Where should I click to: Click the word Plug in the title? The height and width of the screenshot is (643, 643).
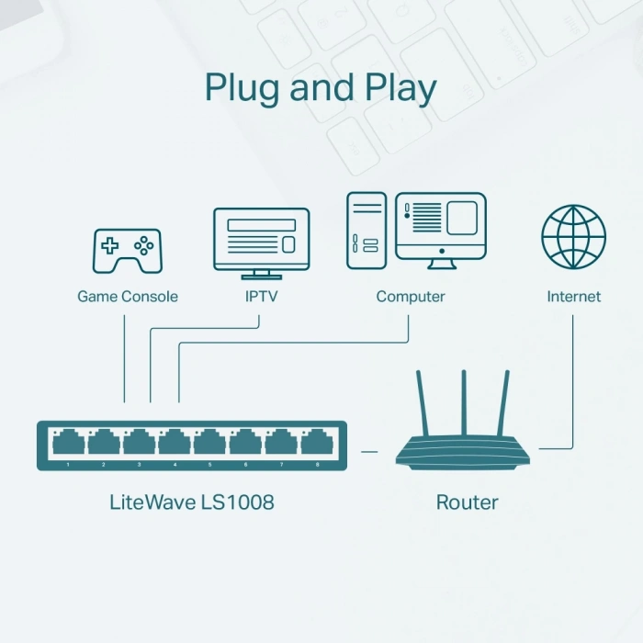[243, 88]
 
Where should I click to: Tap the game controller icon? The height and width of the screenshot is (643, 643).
[127, 250]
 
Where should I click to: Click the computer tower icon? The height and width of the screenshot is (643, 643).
[367, 230]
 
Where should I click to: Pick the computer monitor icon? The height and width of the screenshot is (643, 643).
[440, 230]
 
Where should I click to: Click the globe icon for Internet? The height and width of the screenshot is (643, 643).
[573, 237]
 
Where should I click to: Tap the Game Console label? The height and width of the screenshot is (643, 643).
[128, 297]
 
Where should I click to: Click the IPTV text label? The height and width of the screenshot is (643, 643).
[261, 297]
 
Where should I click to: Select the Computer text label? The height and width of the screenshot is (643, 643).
[411, 297]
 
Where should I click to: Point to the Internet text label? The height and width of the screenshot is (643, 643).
[573, 297]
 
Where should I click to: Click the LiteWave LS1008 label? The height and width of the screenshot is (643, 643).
[191, 502]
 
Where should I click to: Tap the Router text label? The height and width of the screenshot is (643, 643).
[467, 502]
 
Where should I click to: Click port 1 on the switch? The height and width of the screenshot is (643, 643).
[68, 443]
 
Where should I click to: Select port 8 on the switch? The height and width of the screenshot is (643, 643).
[317, 443]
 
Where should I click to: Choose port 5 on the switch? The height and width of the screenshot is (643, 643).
[210, 443]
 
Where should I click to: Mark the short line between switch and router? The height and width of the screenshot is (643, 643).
[369, 451]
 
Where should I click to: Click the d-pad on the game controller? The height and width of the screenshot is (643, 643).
[110, 245]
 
